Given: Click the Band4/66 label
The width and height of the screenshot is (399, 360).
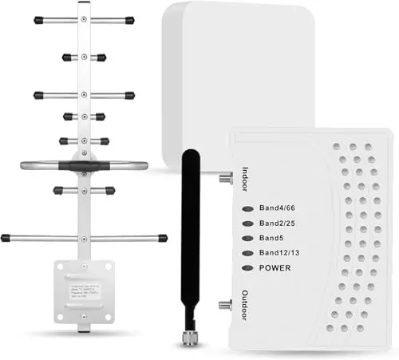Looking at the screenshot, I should [x=276, y=210].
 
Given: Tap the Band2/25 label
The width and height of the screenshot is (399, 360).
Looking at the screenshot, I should [x=276, y=224].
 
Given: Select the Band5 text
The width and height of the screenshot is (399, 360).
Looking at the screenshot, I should [x=269, y=239].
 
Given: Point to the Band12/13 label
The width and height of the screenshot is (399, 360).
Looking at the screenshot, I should [x=279, y=254].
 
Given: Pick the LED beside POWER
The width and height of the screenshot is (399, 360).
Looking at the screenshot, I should [x=247, y=268].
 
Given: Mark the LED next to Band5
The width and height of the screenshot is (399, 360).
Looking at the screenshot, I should [x=247, y=239].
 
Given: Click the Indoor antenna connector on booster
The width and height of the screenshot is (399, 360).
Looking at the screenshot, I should [x=226, y=180].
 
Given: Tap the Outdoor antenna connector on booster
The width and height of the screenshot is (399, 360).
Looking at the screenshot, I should [x=226, y=304].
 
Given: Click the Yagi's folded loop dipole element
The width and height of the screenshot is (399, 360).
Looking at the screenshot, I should [x=83, y=167].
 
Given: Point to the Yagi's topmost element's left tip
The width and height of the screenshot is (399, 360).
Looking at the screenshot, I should [x=38, y=20].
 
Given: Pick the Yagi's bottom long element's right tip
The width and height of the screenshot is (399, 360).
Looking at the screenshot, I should [x=163, y=238].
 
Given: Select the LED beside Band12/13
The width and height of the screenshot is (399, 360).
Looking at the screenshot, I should [x=247, y=254].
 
